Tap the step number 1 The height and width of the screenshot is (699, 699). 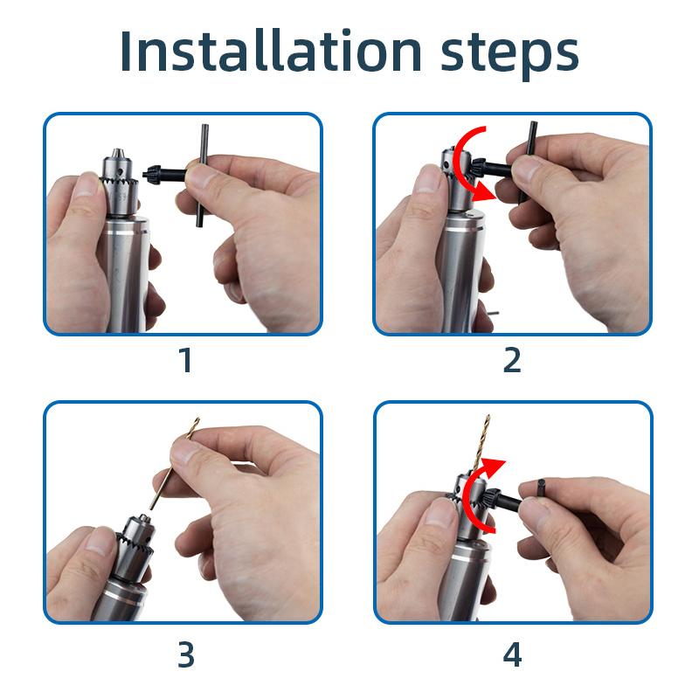point(184,360)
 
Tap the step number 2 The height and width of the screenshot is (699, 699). point(512,360)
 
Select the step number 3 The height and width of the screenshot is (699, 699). point(184,654)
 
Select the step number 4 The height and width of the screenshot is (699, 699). point(512,654)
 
